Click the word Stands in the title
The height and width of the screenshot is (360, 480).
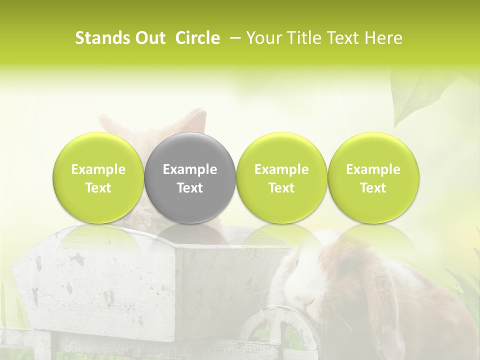click(x=102, y=38)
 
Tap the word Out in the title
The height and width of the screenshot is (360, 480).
click(x=149, y=38)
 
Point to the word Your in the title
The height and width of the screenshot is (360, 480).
click(x=262, y=38)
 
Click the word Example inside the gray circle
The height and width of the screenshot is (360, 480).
click(x=190, y=169)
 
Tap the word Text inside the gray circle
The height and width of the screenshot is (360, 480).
click(x=190, y=188)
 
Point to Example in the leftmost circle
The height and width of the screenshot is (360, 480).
click(x=98, y=169)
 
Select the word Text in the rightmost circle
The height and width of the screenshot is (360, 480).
click(x=373, y=188)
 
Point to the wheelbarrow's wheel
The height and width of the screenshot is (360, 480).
click(x=280, y=330)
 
